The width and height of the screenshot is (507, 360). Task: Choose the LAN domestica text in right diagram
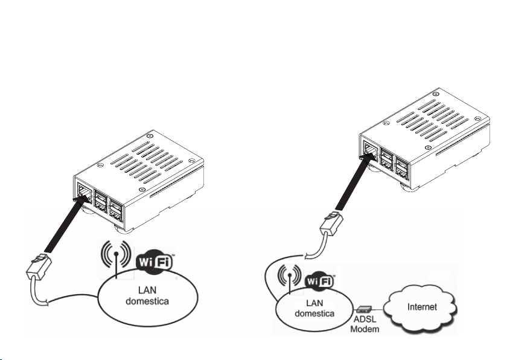click(x=313, y=306)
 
